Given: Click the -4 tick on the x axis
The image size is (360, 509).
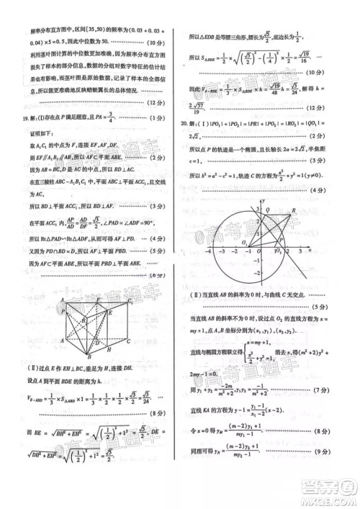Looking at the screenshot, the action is coord(209,253).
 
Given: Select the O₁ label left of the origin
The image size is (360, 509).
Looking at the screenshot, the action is coord(244,243).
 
